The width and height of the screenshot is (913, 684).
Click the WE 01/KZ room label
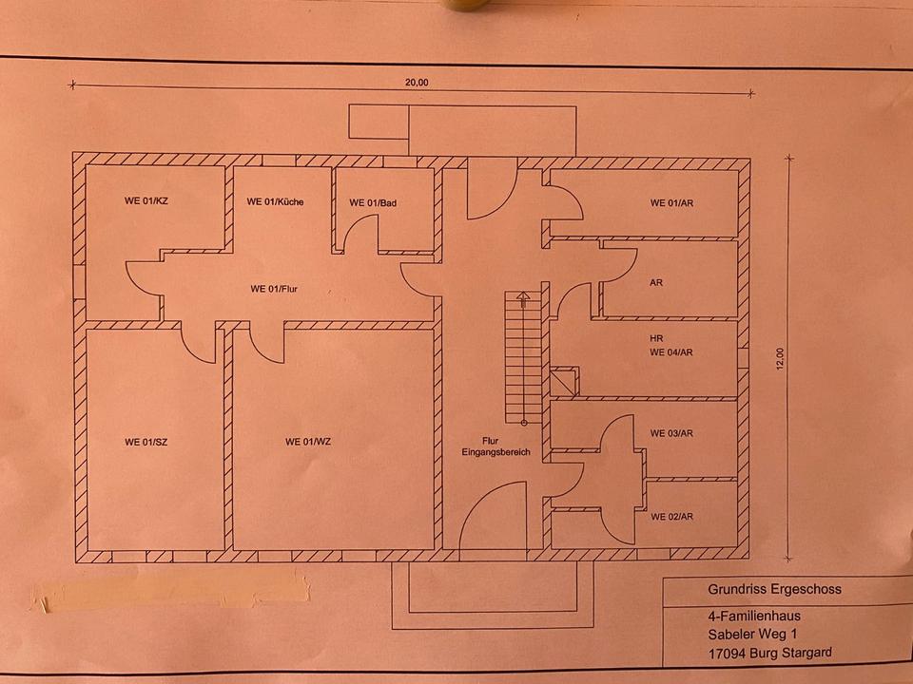point(146,201)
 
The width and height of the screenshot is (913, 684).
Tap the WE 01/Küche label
point(275,201)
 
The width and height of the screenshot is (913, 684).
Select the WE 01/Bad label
point(371,202)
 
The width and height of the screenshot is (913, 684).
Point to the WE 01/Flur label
point(276,289)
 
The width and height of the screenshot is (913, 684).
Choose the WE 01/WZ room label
point(308,442)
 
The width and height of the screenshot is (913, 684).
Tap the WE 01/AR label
point(671,202)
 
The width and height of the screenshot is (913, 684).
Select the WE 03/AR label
point(671,433)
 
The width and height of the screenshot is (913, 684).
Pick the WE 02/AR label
point(671,518)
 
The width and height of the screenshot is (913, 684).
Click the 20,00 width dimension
point(417,83)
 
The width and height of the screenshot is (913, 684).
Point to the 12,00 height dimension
point(780,359)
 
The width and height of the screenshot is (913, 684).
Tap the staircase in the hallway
point(517,356)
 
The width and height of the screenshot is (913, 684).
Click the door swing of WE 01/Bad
point(361,233)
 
